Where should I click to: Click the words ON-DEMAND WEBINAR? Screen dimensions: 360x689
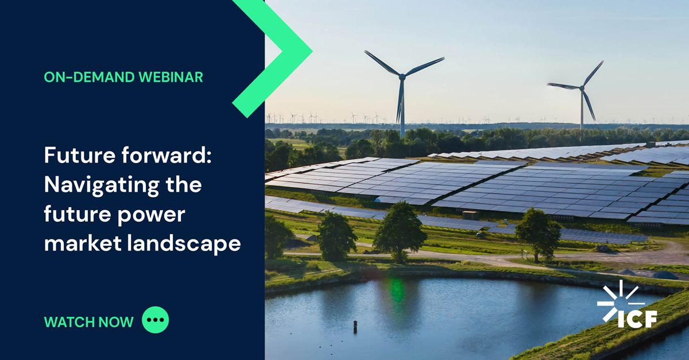coord(123,77)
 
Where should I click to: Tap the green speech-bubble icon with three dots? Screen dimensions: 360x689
coord(156,321)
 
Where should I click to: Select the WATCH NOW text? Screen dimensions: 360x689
coord(88,322)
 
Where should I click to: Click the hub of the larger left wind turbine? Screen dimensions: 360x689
coord(402,75)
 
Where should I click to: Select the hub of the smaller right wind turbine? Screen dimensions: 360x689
coord(582,87)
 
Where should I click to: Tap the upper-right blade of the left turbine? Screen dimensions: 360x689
coord(424,65)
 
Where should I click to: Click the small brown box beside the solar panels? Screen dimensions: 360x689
coord(470,215)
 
